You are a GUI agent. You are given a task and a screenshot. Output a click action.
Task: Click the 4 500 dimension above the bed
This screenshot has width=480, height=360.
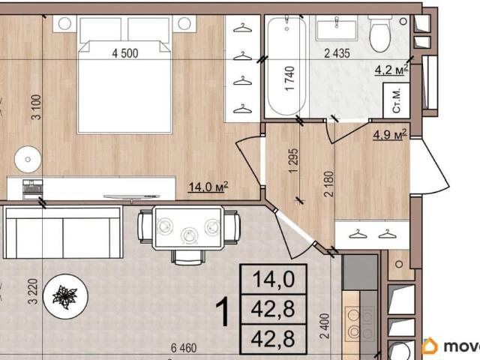[125, 53]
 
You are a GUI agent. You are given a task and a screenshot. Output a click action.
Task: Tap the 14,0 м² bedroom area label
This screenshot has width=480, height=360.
[208, 187]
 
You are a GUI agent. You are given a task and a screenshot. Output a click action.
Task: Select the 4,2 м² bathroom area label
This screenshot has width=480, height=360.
[391, 70]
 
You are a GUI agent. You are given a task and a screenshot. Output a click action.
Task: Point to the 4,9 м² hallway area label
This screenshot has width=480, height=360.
[390, 134]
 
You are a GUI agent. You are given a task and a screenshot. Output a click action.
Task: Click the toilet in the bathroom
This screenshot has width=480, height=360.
[380, 34]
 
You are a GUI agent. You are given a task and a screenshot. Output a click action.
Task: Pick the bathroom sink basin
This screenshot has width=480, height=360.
[337, 28]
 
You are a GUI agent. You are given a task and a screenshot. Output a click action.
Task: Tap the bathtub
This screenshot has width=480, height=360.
[286, 66]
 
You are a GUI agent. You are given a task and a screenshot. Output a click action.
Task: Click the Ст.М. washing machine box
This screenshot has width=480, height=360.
[397, 100]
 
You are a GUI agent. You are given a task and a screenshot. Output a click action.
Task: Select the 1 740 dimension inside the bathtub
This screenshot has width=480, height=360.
[290, 79]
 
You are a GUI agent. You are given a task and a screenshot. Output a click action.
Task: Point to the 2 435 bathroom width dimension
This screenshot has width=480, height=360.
[337, 53]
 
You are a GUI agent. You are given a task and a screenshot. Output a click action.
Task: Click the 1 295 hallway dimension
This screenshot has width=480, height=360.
[293, 160]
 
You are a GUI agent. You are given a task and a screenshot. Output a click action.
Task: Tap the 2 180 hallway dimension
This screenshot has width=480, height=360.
[329, 184]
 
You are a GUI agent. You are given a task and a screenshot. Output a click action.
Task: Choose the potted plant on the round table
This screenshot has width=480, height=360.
[65, 296]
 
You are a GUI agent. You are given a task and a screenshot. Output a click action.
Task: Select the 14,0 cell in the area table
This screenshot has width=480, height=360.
[274, 280]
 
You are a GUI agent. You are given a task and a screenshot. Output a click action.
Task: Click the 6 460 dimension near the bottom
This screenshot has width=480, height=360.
[184, 348]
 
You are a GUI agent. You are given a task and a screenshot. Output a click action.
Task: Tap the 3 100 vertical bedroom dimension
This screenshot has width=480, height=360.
[37, 107]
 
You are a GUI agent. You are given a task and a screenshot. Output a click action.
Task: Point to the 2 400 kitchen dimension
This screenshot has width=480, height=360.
[325, 325]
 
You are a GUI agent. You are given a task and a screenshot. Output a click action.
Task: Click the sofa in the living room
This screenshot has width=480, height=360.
[63, 232]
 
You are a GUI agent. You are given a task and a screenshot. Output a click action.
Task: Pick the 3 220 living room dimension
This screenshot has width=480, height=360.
[33, 291]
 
